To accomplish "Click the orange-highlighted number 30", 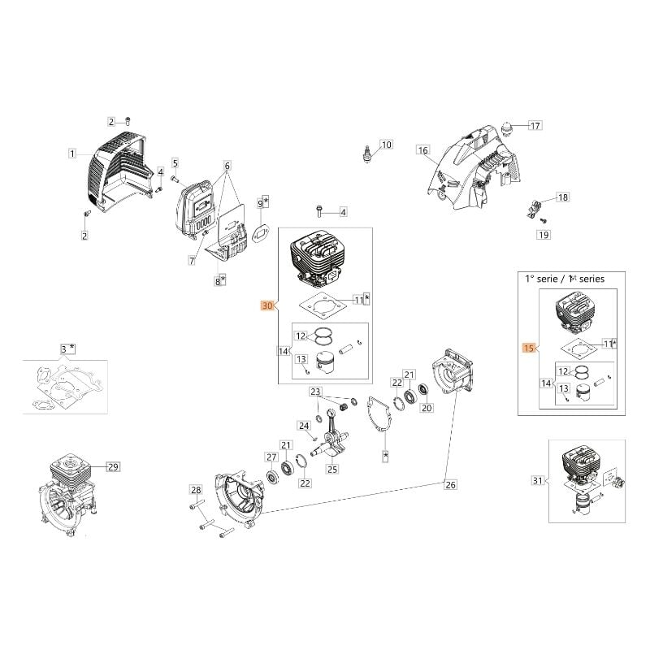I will coord(266,306).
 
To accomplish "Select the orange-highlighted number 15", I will coord(527,349).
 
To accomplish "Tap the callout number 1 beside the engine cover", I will coord(72,153).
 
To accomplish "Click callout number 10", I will coord(386,145).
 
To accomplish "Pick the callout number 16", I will coord(422,150).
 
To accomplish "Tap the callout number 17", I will coord(535,125).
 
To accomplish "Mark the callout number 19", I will coord(543,235).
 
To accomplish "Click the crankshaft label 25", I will coord(331,469).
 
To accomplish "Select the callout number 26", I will coord(450,485).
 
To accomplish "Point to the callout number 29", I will coord(113,466).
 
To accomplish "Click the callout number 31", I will coord(536,481).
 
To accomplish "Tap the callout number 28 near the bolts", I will coord(195,490).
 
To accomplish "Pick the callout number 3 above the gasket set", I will coord(65,349).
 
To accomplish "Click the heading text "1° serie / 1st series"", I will coord(566,279).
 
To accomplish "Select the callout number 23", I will coord(315,392).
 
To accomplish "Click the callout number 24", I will coord(304,426).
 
